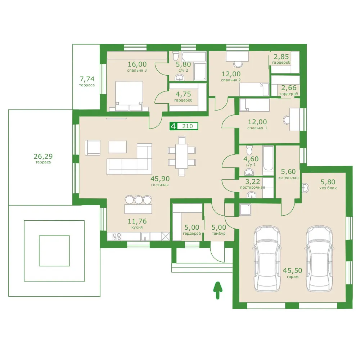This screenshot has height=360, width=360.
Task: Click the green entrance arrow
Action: [x=217, y=291]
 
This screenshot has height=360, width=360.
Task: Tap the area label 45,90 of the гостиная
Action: [x=160, y=179]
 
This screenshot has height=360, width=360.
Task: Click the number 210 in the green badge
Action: [x=187, y=126]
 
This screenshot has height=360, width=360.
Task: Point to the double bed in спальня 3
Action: [x=129, y=96]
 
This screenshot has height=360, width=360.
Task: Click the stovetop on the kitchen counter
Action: [x=117, y=237]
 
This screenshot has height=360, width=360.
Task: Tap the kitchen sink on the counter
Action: [x=145, y=237]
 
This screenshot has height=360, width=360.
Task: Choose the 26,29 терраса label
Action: [x=43, y=158]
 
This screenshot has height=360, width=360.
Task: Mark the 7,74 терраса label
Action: [x=87, y=81]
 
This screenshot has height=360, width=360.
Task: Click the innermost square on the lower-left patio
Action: [x=54, y=251]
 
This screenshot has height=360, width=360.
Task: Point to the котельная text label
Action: [x=288, y=177]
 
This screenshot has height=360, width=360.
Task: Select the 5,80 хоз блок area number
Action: [x=328, y=182]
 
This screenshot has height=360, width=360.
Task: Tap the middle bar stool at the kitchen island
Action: [x=139, y=199]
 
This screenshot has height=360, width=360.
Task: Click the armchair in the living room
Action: [x=93, y=148]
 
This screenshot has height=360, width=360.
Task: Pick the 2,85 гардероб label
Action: [x=281, y=59]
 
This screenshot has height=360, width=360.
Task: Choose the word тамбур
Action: [x=219, y=233]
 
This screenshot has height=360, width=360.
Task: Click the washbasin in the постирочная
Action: [x=252, y=195]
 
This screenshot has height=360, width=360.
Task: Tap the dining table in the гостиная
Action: [x=181, y=156]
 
